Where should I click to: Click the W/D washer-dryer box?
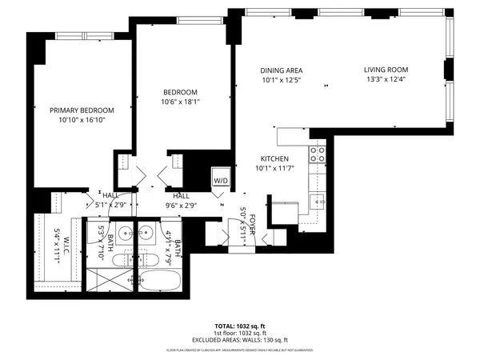(220, 181)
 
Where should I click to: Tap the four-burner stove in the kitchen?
(317, 153)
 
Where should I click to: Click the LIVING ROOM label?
(385, 70)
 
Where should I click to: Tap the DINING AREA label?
(281, 70)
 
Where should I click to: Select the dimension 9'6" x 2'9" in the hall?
(182, 205)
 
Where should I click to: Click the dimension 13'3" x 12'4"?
(385, 79)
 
